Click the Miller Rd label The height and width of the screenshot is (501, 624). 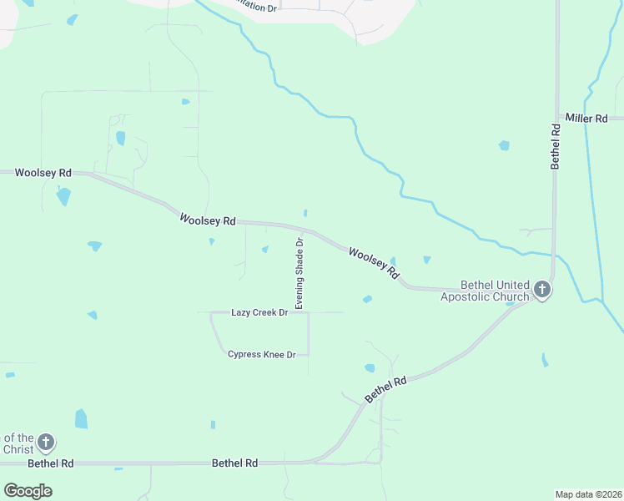point(586,119)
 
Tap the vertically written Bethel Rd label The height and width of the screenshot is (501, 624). point(555,146)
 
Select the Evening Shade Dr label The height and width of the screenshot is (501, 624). point(299,272)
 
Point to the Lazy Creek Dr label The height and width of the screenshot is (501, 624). point(259,312)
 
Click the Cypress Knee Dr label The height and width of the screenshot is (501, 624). point(262,355)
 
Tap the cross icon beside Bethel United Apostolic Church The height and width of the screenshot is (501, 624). point(542,290)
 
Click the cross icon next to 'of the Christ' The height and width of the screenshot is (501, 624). point(46,442)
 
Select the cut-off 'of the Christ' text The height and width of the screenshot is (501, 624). point(18,443)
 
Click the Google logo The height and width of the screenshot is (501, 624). point(28,491)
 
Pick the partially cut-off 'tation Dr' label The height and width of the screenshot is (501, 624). point(254,7)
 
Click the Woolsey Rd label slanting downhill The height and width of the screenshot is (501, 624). point(374,262)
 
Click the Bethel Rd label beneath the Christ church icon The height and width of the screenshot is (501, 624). point(51,463)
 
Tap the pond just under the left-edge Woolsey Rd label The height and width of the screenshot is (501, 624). point(63,197)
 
